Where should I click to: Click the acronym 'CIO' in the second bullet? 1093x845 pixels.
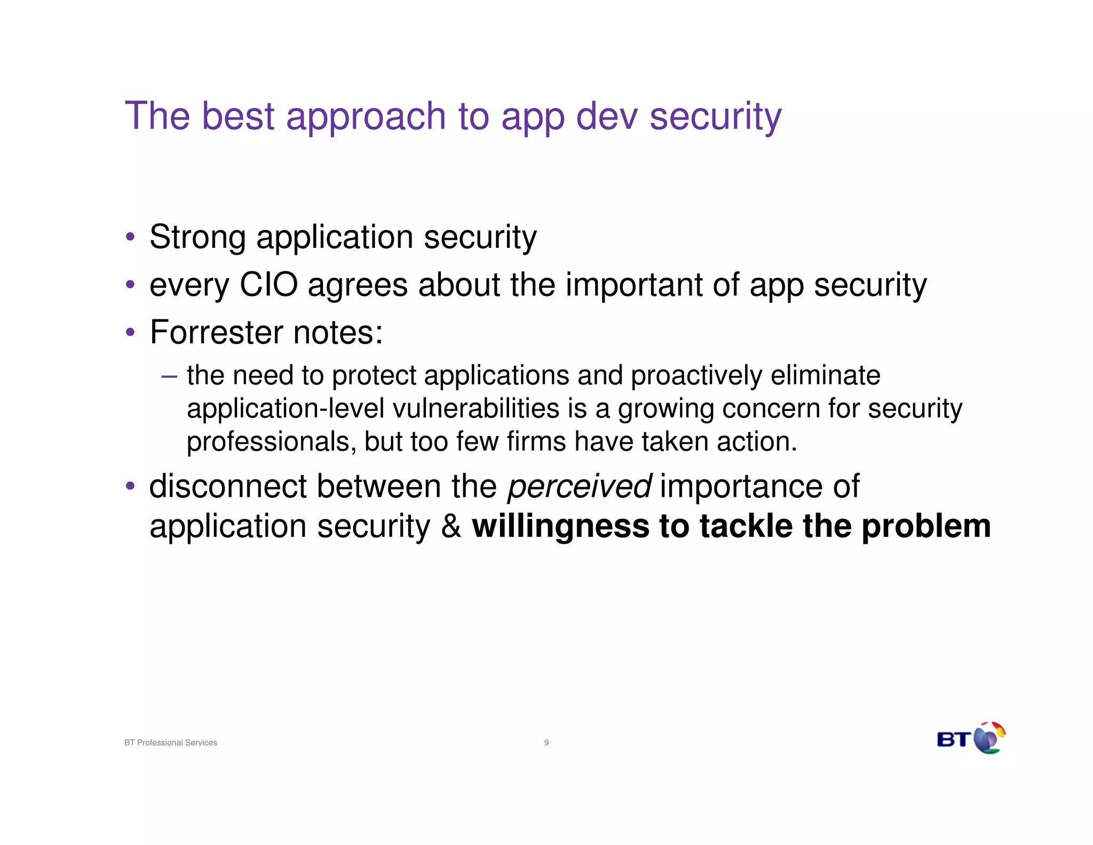click(x=268, y=285)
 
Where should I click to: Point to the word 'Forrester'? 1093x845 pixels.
click(x=216, y=332)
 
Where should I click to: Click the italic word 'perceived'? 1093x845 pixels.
click(x=579, y=487)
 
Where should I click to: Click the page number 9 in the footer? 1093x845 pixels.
click(x=546, y=742)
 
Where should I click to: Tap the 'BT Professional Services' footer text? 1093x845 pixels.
click(x=171, y=742)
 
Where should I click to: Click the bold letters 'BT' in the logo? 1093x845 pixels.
click(x=953, y=740)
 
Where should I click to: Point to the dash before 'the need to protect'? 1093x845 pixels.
click(x=169, y=376)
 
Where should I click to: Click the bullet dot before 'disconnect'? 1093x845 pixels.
click(x=130, y=487)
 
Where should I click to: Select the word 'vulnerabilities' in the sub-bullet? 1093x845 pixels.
click(x=476, y=409)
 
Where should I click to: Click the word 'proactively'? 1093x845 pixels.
click(x=696, y=375)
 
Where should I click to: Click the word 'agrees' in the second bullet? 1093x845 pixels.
click(x=358, y=286)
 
